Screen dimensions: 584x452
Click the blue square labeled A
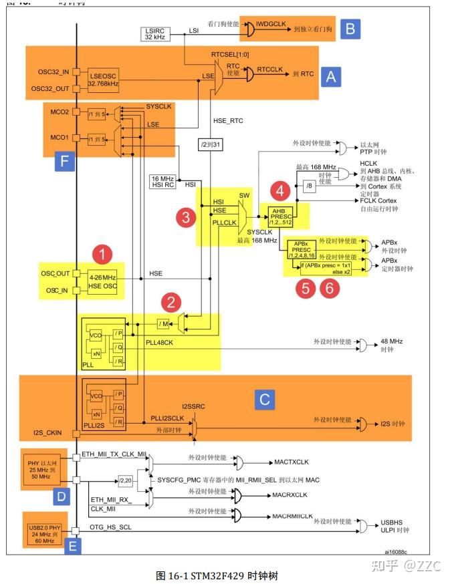point(330,77)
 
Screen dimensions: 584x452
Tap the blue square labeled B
point(350,28)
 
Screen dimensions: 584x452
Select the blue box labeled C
point(265,399)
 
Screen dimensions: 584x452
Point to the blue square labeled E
point(73,547)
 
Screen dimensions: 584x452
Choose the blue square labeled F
point(65,161)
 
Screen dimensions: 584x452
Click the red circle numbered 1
point(102,254)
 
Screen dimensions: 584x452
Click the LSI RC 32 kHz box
point(156,33)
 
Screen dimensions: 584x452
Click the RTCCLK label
point(269,68)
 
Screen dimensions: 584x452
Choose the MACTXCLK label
point(291,462)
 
